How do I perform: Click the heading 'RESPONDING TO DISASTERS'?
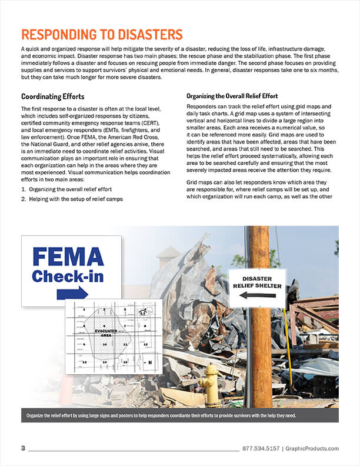pyautogui.click(x=102, y=35)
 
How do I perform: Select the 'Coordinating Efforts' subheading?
pyautogui.click(x=53, y=96)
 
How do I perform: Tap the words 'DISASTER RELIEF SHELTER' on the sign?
pyautogui.click(x=257, y=282)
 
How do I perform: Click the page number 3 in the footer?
pyautogui.click(x=23, y=448)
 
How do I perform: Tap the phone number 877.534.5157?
pyautogui.click(x=261, y=448)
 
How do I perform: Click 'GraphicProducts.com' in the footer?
pyautogui.click(x=312, y=448)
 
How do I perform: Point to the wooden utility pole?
pyautogui.click(x=259, y=353)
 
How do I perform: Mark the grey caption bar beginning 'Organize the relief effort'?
pyautogui.click(x=179, y=415)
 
